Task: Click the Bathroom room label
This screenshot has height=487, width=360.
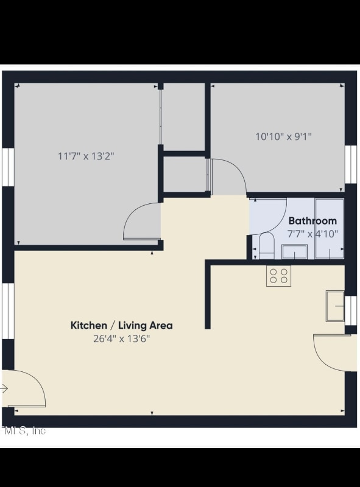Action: pyautogui.click(x=312, y=221)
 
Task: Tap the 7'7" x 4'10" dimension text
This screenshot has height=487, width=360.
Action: pyautogui.click(x=312, y=234)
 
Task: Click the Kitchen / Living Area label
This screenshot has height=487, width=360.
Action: pyautogui.click(x=122, y=325)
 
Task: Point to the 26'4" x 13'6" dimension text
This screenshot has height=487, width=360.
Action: pyautogui.click(x=122, y=339)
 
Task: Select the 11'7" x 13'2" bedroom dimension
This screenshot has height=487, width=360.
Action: pyautogui.click(x=86, y=156)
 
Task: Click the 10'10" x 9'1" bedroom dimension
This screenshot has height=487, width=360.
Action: pyautogui.click(x=283, y=136)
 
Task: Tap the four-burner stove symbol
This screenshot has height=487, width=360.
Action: pyautogui.click(x=278, y=275)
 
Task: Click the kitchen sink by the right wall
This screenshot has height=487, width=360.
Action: pyautogui.click(x=334, y=306)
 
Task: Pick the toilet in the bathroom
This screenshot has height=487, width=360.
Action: pyautogui.click(x=266, y=247)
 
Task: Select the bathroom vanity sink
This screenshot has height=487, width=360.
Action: pyautogui.click(x=294, y=251)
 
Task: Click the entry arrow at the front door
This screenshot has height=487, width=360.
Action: pyautogui.click(x=4, y=389)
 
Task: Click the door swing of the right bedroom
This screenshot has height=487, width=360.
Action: pyautogui.click(x=228, y=176)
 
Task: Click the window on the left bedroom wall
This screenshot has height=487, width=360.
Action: pyautogui.click(x=8, y=166)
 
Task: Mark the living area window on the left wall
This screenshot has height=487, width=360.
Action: pyautogui.click(x=8, y=311)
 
